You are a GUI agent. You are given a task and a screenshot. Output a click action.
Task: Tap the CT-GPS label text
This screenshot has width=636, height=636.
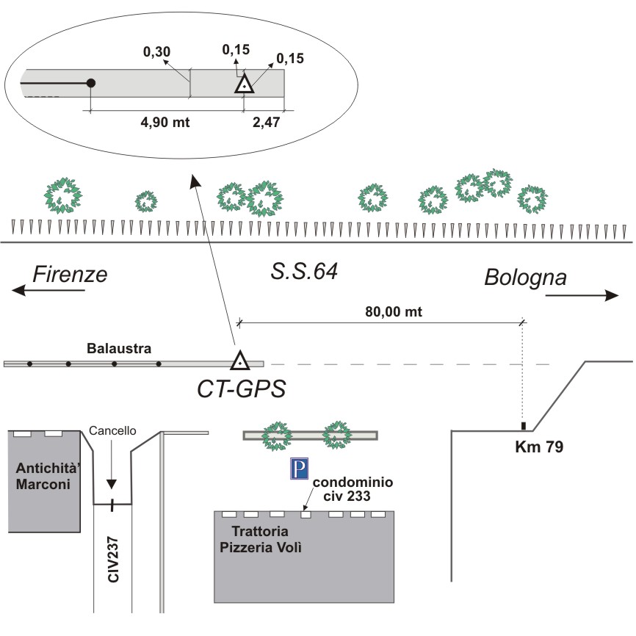[240, 388]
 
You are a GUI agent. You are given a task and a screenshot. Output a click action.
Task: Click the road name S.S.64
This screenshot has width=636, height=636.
[303, 272]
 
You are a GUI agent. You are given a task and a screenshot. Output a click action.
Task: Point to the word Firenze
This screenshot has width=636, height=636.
[71, 274]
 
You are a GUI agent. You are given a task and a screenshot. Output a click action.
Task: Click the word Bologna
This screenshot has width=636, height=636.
[525, 278]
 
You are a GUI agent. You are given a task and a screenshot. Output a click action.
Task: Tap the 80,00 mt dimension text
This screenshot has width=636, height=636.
[394, 311]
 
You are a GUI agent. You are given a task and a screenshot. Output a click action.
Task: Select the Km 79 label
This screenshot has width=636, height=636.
[538, 446]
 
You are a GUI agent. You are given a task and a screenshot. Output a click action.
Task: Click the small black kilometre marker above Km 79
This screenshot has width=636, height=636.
[523, 426]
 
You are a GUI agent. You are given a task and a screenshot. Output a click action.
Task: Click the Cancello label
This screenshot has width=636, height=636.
[112, 431]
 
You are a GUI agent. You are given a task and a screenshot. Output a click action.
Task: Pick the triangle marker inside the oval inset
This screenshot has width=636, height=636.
[244, 84]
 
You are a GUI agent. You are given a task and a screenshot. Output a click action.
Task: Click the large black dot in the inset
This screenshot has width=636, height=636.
[90, 83]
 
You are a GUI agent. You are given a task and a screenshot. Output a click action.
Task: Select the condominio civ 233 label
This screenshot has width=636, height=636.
[353, 488]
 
